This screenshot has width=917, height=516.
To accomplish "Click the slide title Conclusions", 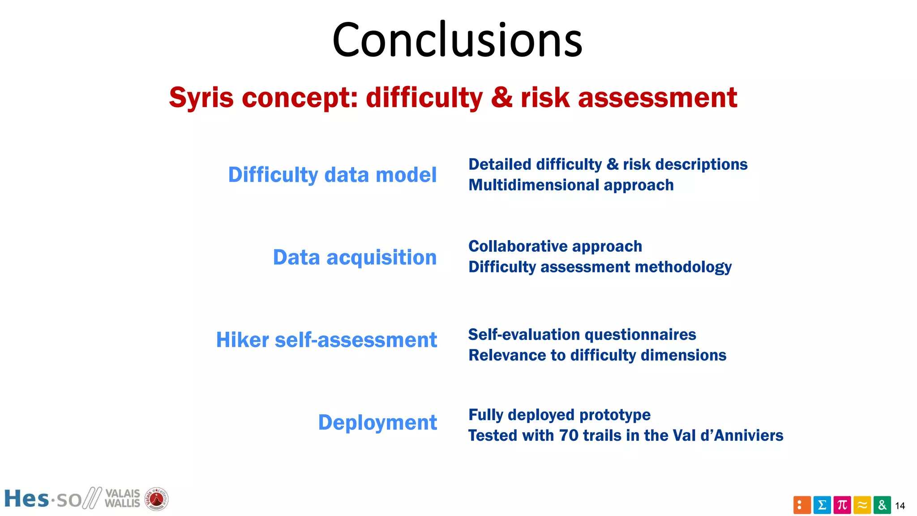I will [457, 40].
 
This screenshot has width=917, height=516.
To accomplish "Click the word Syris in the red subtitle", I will [201, 98].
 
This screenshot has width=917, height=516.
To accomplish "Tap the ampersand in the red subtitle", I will [501, 97].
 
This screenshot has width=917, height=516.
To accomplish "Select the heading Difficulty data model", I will [332, 175].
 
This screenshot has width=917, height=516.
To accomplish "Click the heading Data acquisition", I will [355, 258].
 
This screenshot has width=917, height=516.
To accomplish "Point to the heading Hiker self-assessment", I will [326, 340].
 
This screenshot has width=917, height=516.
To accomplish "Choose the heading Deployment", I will [377, 422].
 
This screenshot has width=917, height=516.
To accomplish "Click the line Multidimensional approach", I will [571, 185].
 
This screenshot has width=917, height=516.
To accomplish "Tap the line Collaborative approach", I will [555, 246].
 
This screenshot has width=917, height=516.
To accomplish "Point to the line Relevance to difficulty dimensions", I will [597, 355].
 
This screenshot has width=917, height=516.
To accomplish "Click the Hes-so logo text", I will [43, 499].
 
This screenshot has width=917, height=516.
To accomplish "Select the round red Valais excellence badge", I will [156, 499].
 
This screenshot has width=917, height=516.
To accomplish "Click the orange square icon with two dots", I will [801, 505].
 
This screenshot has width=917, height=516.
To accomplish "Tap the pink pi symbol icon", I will [842, 505].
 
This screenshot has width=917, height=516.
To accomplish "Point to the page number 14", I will [900, 506].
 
